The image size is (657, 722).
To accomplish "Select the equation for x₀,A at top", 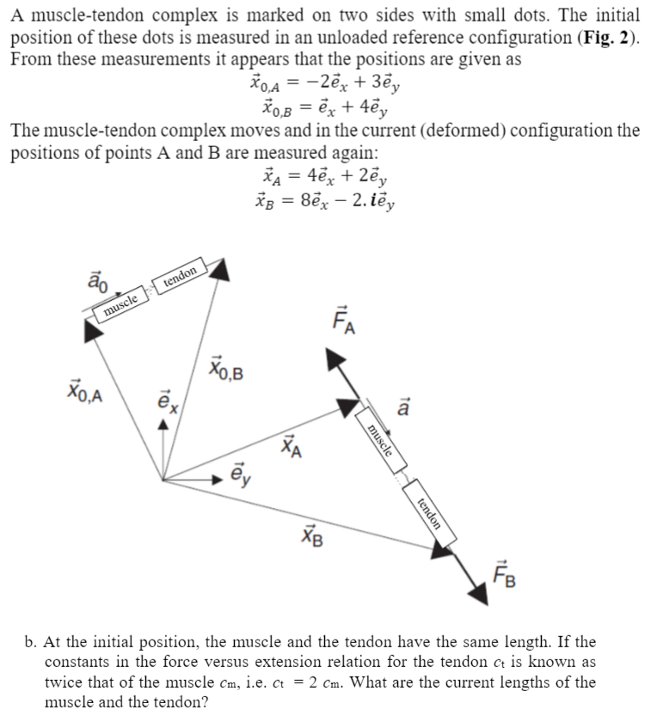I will (x=327, y=83).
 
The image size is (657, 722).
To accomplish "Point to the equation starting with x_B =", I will (x=327, y=202).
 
